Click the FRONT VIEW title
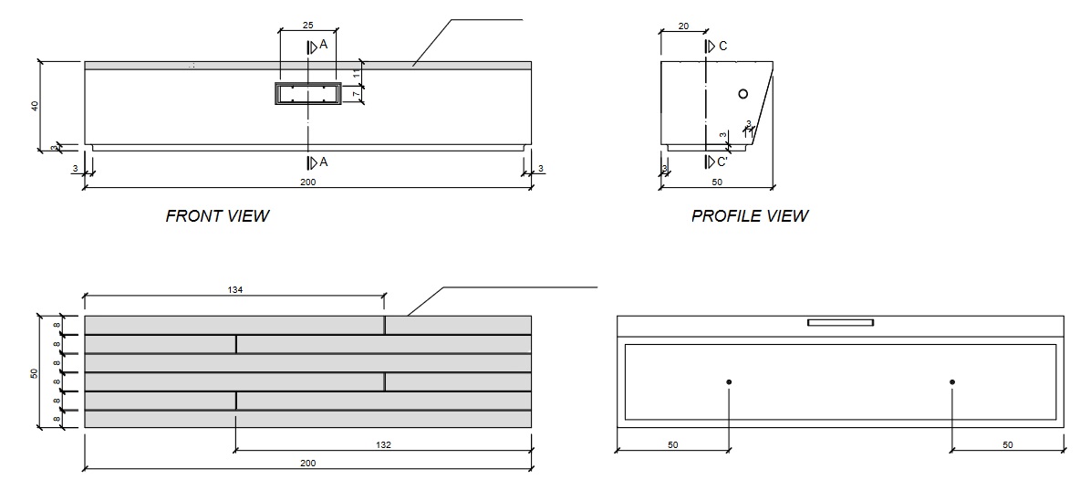pyautogui.click(x=217, y=216)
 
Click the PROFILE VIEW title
pyautogui.click(x=749, y=216)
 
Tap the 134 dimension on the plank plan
pyautogui.click(x=236, y=289)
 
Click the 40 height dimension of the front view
pyautogui.click(x=35, y=105)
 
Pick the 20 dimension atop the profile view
pyautogui.click(x=683, y=26)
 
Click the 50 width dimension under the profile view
pyautogui.click(x=717, y=183)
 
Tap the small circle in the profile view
pyautogui.click(x=743, y=93)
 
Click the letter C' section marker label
pyautogui.click(x=722, y=162)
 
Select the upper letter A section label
pyautogui.click(x=323, y=44)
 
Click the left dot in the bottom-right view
pyautogui.click(x=729, y=381)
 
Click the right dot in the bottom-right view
pyautogui.click(x=951, y=381)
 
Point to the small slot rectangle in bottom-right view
pyautogui.click(x=840, y=322)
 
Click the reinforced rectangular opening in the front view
pyautogui.click(x=308, y=94)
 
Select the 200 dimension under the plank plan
pyautogui.click(x=307, y=464)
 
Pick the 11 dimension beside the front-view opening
pyautogui.click(x=357, y=72)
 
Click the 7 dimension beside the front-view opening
pyautogui.click(x=357, y=93)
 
